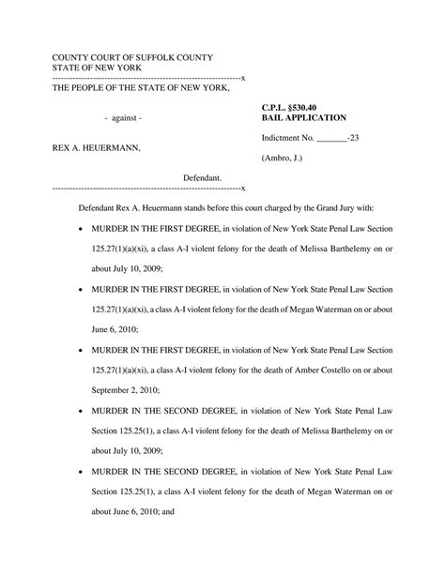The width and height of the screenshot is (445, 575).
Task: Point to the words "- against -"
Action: pos(123,119)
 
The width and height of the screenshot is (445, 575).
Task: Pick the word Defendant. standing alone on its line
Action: pos(202,176)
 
